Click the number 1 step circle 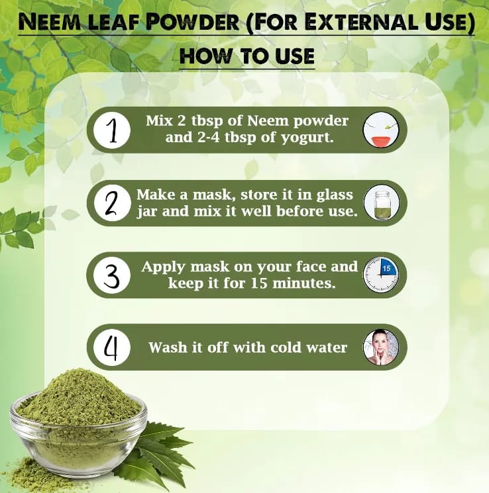112,130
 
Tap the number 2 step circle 112,203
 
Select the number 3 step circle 112,275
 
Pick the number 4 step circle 112,347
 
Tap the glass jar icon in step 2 382,202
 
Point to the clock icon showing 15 381,275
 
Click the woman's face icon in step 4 381,347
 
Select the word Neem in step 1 268,120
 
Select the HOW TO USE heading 247,57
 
